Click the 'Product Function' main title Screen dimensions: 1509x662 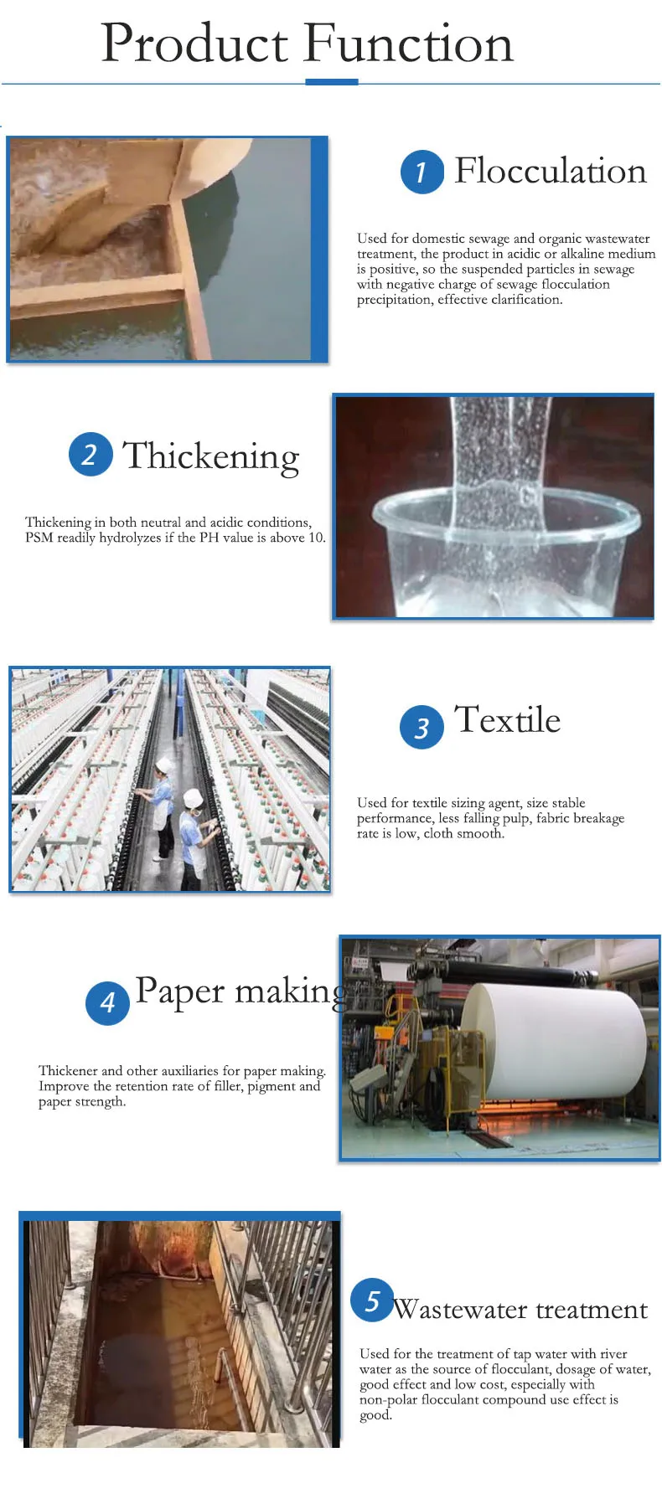click(x=307, y=44)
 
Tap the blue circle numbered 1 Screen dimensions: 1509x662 click(x=422, y=172)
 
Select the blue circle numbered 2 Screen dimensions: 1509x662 click(x=91, y=455)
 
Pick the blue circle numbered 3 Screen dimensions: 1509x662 click(x=422, y=727)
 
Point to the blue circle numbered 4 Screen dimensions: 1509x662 click(x=107, y=1002)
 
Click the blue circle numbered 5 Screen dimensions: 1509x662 click(x=372, y=1300)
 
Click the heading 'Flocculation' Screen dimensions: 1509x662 click(x=551, y=172)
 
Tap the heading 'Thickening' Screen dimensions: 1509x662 click(x=211, y=456)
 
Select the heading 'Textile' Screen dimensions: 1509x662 click(x=507, y=720)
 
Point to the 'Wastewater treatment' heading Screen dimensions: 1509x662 click(x=520, y=1310)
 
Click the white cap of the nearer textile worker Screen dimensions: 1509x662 click(x=194, y=797)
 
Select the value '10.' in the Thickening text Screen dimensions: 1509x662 click(x=317, y=538)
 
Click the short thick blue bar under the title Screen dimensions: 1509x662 click(x=332, y=82)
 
